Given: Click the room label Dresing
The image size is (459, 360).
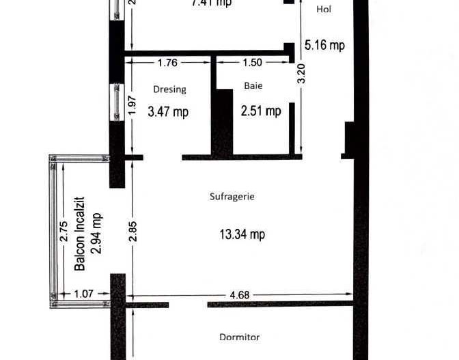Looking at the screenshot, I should point(169,89).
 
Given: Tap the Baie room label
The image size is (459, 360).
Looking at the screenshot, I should point(253,86).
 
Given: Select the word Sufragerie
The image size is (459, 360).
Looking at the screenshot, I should point(232,196).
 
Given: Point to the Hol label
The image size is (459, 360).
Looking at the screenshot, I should point(324,9).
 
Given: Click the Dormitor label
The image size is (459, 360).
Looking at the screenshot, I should point(239,337).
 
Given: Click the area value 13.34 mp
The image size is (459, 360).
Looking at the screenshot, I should point(242,234).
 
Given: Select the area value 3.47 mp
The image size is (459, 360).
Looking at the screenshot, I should point(168,111).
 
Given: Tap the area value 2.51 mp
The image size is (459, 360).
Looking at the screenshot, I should point(260,111).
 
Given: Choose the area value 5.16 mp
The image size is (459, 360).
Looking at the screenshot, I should point(324,45).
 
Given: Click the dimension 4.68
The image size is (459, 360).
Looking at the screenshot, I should point(239,295).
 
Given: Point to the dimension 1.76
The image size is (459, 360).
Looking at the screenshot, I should point(167,63).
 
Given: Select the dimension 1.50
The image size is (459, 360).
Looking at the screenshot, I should point(251,63).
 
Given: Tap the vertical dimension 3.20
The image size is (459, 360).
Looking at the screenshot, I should point(301,73).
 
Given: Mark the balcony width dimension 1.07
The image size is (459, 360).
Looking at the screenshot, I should point(83,294).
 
